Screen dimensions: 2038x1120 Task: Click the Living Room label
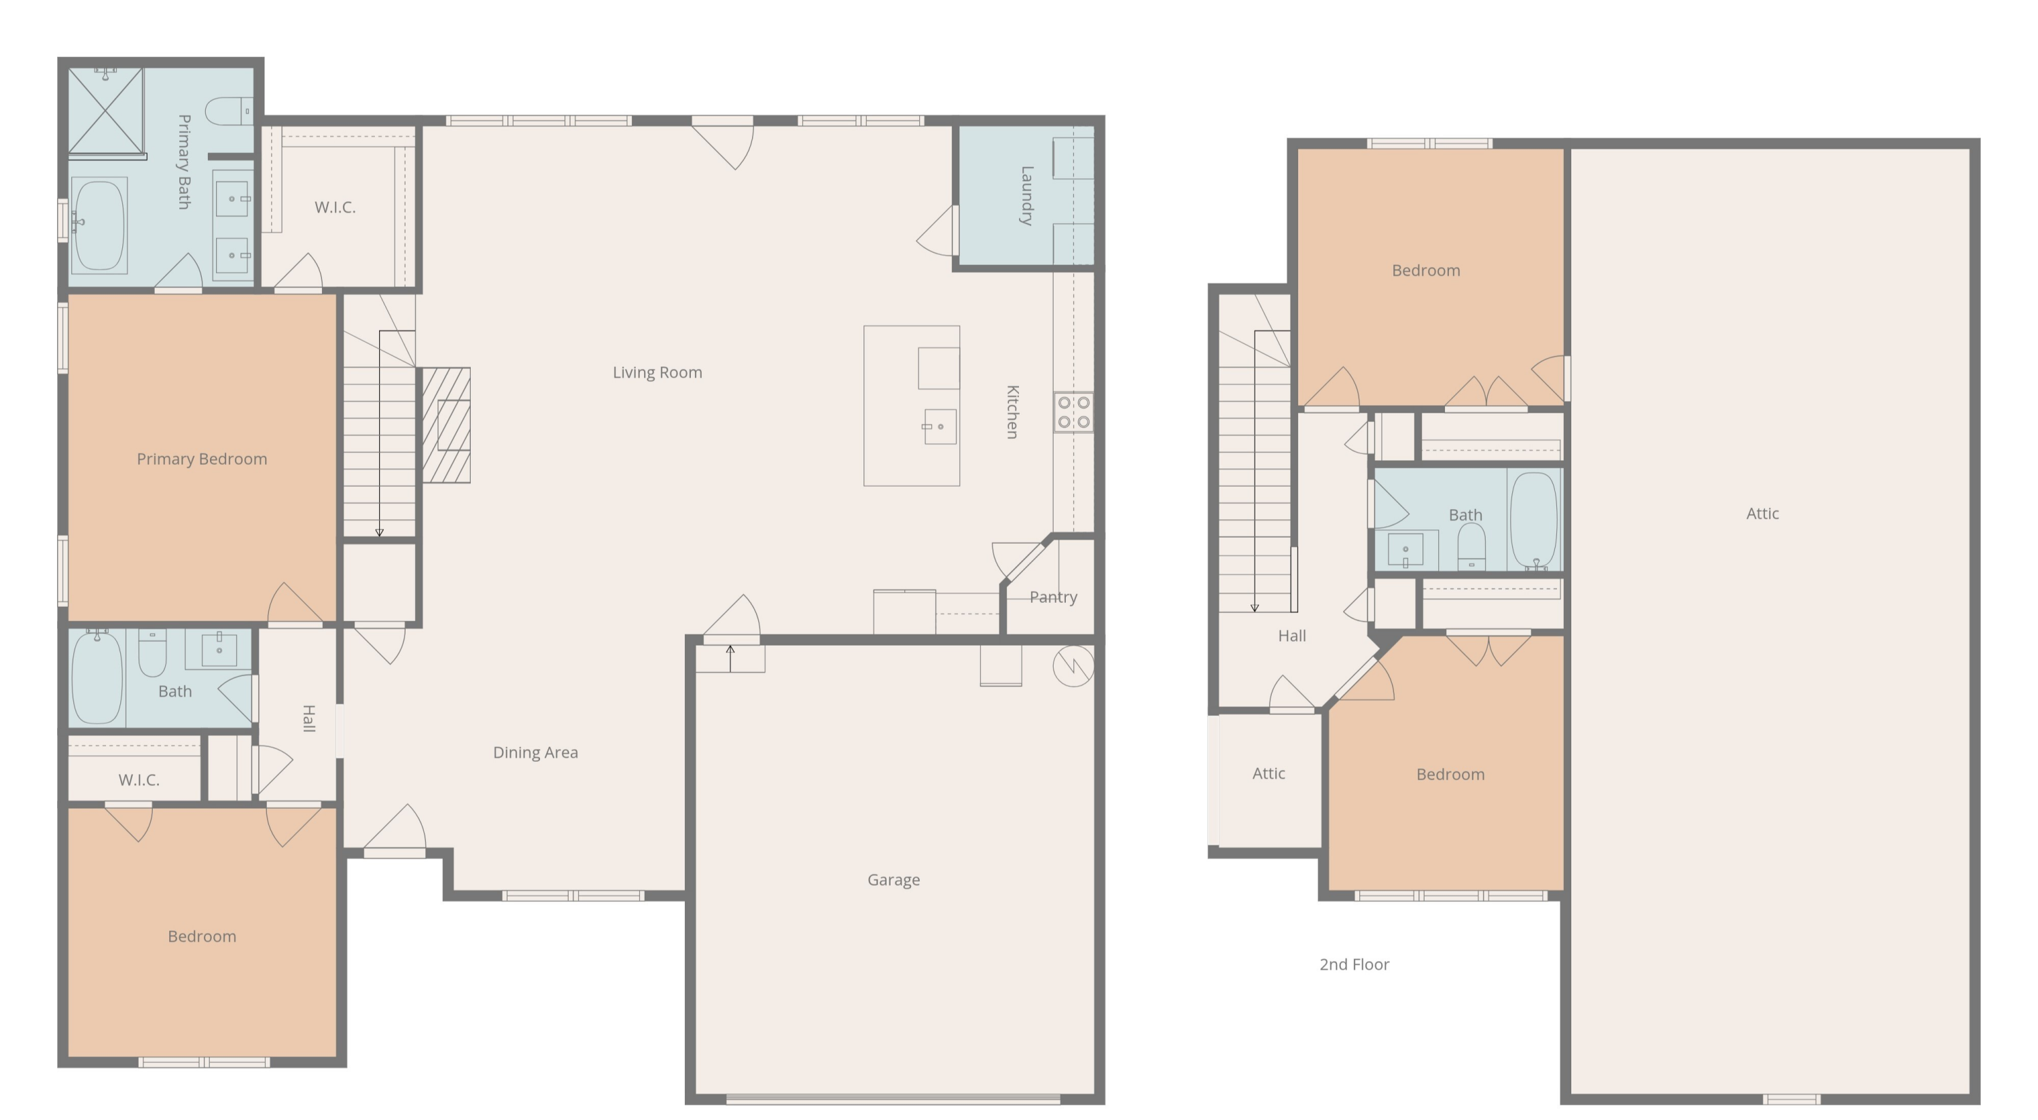point(658,372)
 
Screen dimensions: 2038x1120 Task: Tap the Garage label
point(893,879)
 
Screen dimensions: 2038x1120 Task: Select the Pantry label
point(1053,597)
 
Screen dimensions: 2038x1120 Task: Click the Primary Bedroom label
point(202,459)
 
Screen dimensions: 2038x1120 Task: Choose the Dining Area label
point(535,752)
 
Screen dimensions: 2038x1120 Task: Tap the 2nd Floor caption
point(1355,964)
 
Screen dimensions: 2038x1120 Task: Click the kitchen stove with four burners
point(1073,413)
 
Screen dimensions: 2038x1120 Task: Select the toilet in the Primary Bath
point(230,111)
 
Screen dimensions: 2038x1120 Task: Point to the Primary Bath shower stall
point(106,111)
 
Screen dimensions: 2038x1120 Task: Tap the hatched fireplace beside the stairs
point(446,425)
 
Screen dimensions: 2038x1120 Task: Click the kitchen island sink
point(940,427)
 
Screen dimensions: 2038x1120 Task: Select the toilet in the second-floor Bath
point(1471,546)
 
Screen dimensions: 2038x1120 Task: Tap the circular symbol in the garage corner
point(1073,665)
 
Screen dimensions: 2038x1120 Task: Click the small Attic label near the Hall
point(1268,773)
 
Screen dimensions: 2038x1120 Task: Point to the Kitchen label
point(1013,412)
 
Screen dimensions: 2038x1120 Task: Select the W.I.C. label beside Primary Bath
point(335,207)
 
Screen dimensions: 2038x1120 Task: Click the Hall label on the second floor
point(1292,635)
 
